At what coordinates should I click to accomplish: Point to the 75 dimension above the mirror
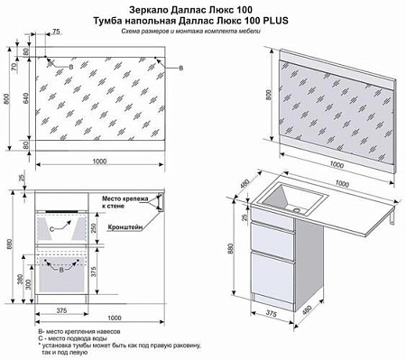point(57,32)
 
